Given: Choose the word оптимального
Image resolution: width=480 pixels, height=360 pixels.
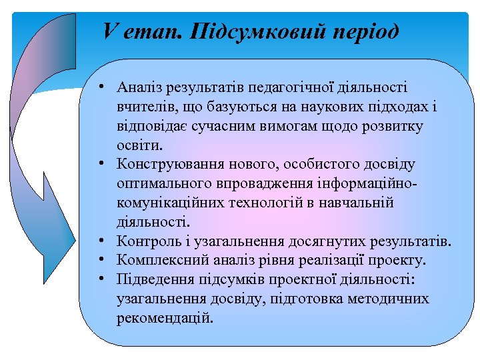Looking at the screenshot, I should tap(160, 183).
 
